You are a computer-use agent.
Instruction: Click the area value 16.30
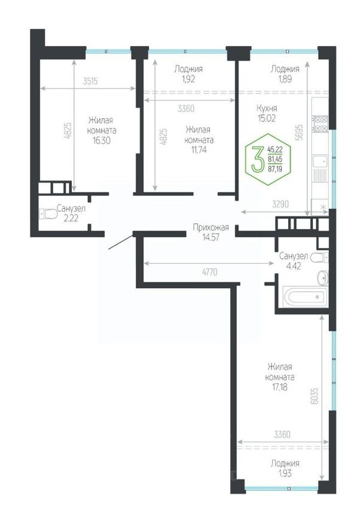(x=102, y=140)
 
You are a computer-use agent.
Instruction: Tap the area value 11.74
(x=199, y=149)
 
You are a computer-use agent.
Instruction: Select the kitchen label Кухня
(x=267, y=108)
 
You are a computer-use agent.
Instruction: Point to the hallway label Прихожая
(x=210, y=228)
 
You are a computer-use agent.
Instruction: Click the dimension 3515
(x=90, y=81)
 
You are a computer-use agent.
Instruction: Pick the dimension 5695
(x=300, y=133)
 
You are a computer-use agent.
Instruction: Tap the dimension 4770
(x=209, y=272)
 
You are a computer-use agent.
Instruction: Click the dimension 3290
(x=280, y=204)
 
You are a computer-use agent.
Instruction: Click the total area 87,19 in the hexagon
(x=274, y=169)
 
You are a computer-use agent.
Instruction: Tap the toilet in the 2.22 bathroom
(x=48, y=214)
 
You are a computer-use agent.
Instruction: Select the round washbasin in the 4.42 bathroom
(x=323, y=277)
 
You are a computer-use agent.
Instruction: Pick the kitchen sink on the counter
(x=320, y=161)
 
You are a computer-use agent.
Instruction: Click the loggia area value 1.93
(x=285, y=473)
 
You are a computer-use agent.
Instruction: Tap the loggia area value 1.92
(x=188, y=79)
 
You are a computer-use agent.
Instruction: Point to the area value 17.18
(x=279, y=387)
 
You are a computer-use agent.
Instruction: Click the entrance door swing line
(x=121, y=242)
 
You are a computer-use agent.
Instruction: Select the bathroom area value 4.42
(x=293, y=267)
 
